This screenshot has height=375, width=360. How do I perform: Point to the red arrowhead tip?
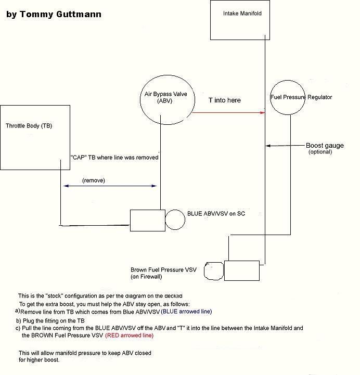coord(265,112)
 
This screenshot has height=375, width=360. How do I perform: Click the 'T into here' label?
coord(225,100)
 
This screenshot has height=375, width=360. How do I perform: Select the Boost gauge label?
coord(325,146)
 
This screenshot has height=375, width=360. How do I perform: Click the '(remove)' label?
coord(94,180)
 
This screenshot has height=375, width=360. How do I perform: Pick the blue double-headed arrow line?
coord(110,186)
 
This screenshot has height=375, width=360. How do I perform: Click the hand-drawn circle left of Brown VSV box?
coord(204,271)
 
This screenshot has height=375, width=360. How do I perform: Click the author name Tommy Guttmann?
coord(60,14)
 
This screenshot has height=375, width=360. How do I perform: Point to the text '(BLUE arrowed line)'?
coord(186,312)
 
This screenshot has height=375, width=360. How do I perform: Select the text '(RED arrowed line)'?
coord(129,335)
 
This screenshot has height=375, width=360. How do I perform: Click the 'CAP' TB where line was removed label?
coord(114,158)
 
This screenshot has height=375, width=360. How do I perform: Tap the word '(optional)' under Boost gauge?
coord(320,152)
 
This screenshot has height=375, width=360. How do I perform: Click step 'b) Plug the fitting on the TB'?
coord(50,321)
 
